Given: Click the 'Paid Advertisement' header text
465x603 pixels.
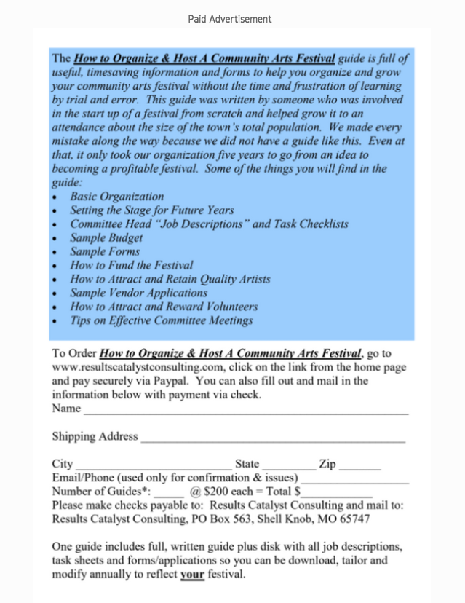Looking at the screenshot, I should pyautogui.click(x=229, y=19).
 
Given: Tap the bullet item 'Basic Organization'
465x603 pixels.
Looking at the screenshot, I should pyautogui.click(x=116, y=197).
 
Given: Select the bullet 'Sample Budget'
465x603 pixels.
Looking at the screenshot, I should pyautogui.click(x=106, y=237).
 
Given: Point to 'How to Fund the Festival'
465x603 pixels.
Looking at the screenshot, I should pyautogui.click(x=132, y=265).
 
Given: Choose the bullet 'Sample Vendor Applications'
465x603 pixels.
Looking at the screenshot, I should pyautogui.click(x=138, y=293).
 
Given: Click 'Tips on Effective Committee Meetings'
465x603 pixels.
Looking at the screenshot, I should pyautogui.click(x=162, y=320).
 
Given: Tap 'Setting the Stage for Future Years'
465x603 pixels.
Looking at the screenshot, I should pyautogui.click(x=151, y=210).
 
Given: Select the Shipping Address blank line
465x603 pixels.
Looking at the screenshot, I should pyautogui.click(x=272, y=440).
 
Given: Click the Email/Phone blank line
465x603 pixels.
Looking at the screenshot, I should pyautogui.click(x=354, y=481).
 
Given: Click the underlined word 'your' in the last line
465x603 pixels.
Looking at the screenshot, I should pyautogui.click(x=192, y=575).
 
